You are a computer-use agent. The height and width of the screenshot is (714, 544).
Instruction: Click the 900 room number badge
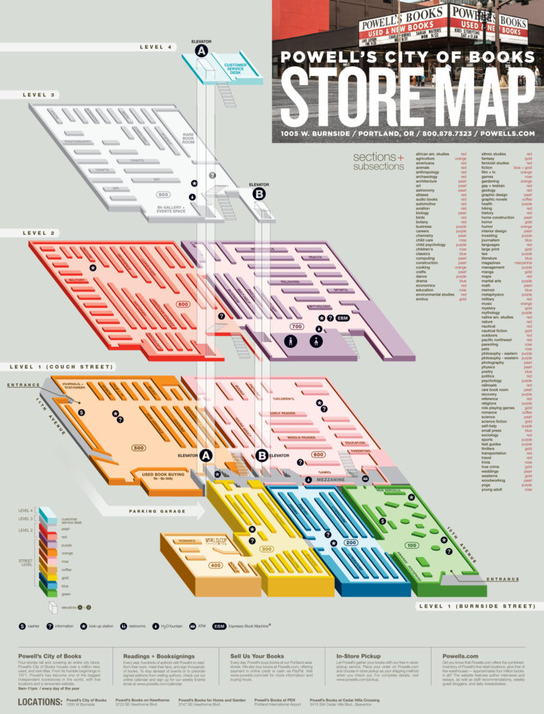(164, 195)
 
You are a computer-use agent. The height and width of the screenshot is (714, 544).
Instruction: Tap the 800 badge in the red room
(183, 305)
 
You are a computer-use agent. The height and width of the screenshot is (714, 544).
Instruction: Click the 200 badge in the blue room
(350, 542)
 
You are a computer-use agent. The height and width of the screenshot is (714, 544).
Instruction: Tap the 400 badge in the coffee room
(216, 565)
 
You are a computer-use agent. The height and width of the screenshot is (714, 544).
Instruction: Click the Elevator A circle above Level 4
(202, 52)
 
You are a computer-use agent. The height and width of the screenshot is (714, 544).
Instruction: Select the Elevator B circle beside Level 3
(259, 195)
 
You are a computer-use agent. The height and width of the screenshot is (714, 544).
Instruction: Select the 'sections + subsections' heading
(378, 161)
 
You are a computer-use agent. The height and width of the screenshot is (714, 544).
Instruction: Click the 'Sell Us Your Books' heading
(257, 656)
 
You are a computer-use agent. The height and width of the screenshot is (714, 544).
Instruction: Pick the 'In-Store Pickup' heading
(359, 656)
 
